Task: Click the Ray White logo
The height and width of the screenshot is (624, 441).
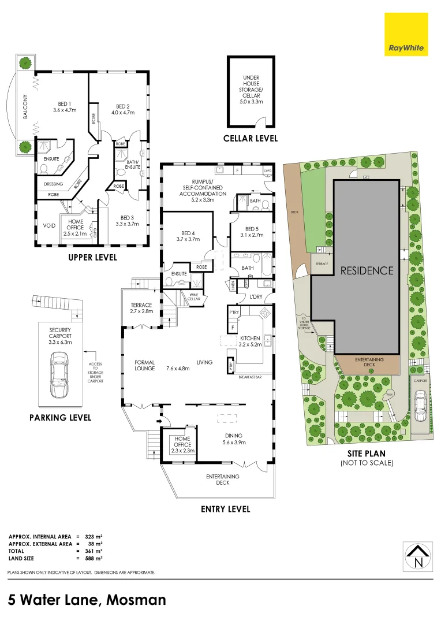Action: [406, 34]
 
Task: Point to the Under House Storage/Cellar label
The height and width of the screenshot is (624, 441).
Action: [251, 89]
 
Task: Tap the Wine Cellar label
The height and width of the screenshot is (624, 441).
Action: [194, 296]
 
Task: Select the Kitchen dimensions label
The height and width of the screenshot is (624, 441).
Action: [251, 341]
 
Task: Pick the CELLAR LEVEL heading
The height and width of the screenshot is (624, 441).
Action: [251, 139]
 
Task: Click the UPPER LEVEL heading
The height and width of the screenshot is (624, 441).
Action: [92, 257]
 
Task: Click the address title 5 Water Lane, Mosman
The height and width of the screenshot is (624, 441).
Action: [87, 599]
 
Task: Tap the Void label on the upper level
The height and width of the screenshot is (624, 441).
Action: [50, 225]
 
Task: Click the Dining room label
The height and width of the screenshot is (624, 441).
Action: [234, 439]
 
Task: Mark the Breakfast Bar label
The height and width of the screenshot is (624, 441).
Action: [251, 377]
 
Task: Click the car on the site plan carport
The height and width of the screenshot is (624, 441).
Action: [421, 401]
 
